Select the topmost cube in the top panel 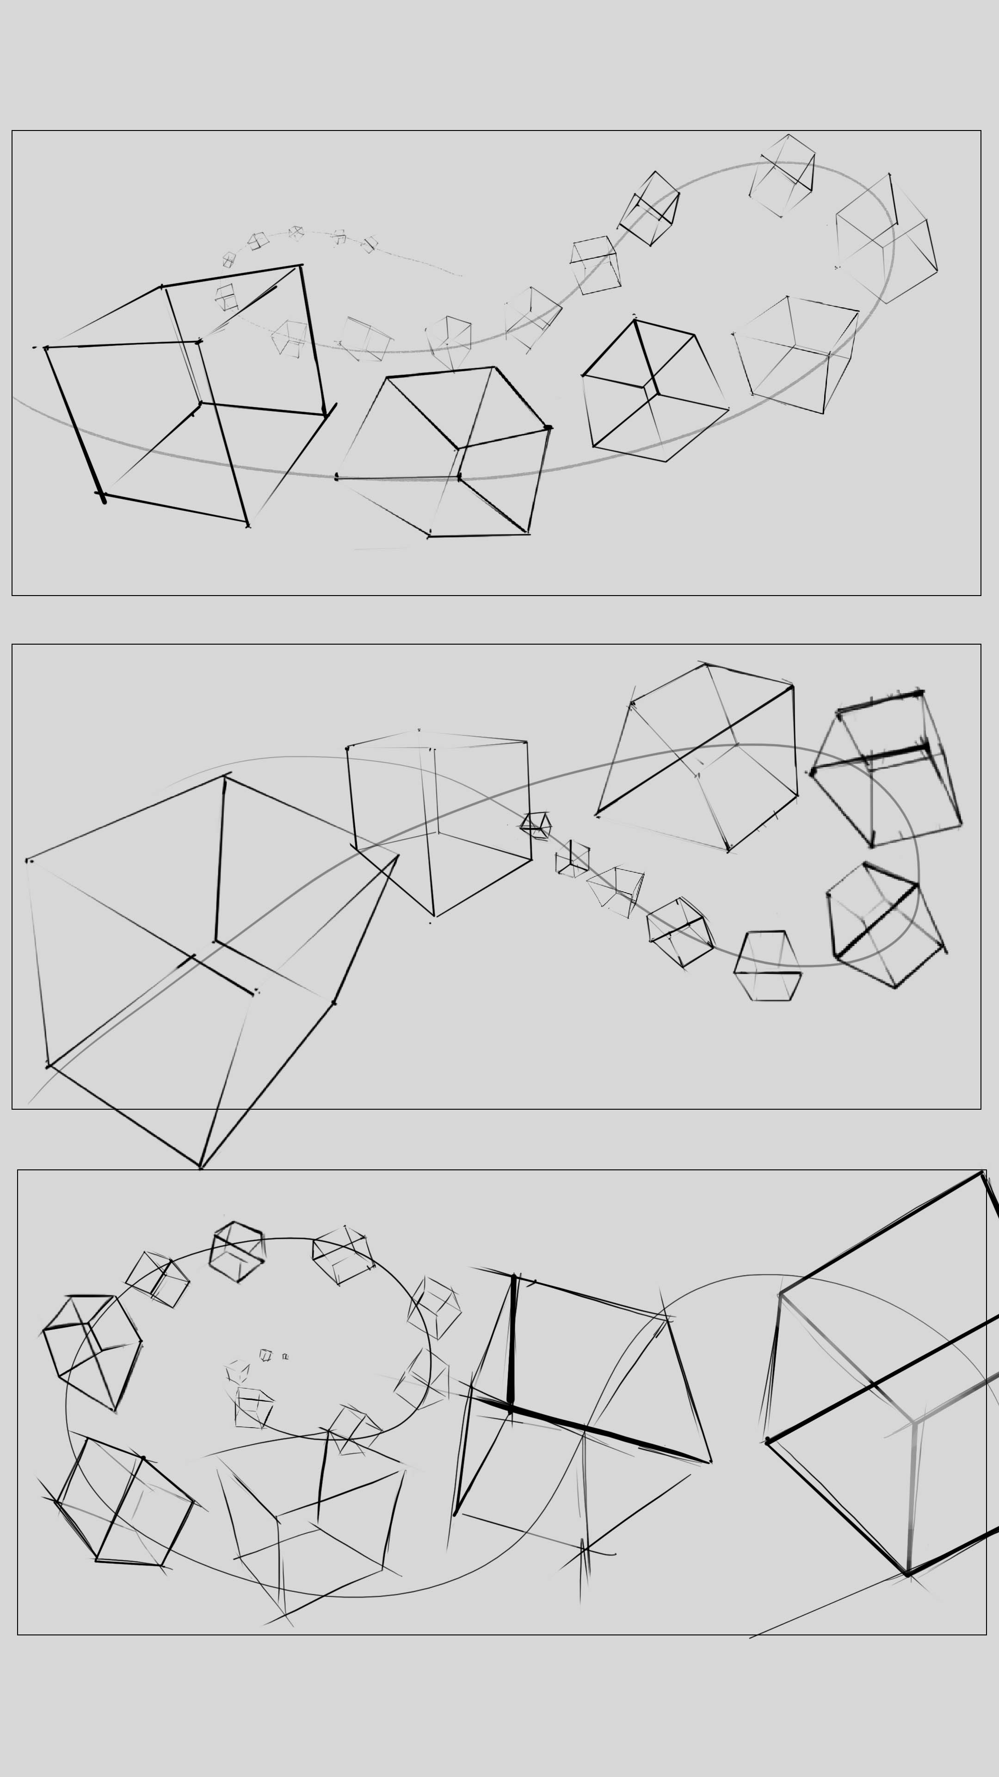(x=783, y=176)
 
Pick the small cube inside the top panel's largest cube (x=226, y=297)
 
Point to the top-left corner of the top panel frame (x=12, y=131)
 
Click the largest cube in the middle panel (x=207, y=966)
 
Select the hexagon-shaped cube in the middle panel (x=767, y=966)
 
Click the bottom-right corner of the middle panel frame (x=980, y=1109)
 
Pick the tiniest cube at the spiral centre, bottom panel (x=285, y=1357)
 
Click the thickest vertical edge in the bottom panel (x=512, y=1342)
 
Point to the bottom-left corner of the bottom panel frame (x=18, y=1634)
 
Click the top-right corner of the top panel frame (x=980, y=131)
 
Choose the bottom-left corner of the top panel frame (x=12, y=595)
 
